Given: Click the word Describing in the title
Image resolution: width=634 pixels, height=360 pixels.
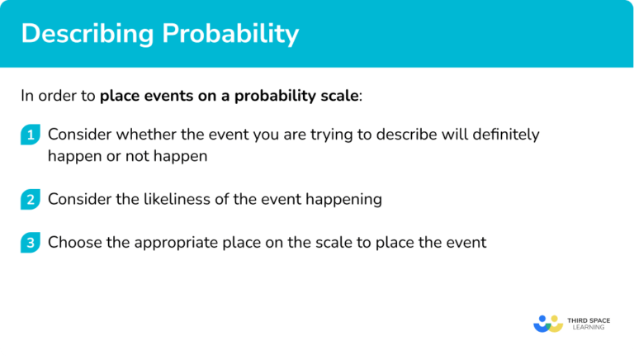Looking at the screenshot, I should coord(78,35).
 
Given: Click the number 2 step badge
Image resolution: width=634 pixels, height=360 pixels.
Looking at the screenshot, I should coord(31,198).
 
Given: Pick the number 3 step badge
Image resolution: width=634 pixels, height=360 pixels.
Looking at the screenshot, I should coord(31,242).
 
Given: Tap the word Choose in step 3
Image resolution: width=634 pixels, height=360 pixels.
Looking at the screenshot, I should coord(72,242).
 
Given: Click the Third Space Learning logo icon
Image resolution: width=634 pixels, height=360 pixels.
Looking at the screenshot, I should coord(547,323).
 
